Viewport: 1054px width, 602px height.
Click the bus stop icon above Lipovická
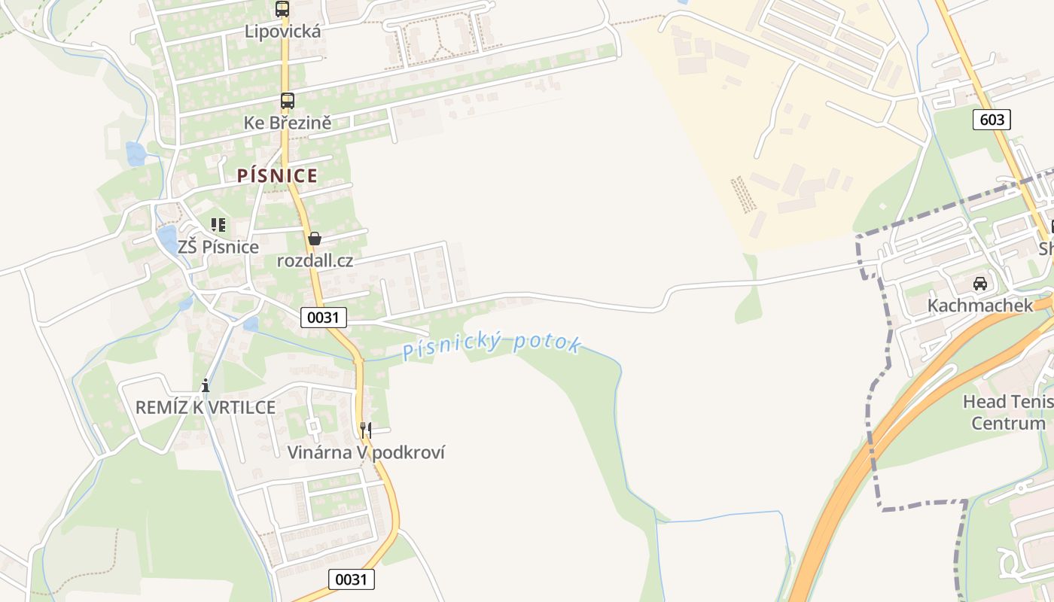tap(282, 9)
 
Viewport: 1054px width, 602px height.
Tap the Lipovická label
tap(283, 32)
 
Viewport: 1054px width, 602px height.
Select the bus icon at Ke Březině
tap(287, 100)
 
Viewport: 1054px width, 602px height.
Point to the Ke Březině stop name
tap(288, 123)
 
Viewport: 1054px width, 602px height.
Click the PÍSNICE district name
tap(277, 176)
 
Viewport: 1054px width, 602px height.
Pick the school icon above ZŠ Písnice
tap(218, 224)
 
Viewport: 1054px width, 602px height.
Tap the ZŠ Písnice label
tap(218, 247)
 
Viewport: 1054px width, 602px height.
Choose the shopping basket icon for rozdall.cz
tap(315, 239)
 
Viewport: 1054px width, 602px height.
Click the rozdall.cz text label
tap(315, 261)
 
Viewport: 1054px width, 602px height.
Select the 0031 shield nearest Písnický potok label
tap(324, 318)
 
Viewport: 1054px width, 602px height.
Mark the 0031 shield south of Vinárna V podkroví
tap(352, 579)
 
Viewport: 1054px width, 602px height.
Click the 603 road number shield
tap(992, 119)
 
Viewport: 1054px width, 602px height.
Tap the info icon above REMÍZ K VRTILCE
tap(206, 386)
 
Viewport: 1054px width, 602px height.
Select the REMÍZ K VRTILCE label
tap(206, 408)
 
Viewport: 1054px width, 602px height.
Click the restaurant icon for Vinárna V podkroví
tap(365, 430)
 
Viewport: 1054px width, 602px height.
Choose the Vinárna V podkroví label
tap(366, 452)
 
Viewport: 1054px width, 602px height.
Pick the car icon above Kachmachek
tap(980, 284)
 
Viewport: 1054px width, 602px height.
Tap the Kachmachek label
tap(980, 306)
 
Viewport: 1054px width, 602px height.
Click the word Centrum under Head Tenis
tap(1009, 423)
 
